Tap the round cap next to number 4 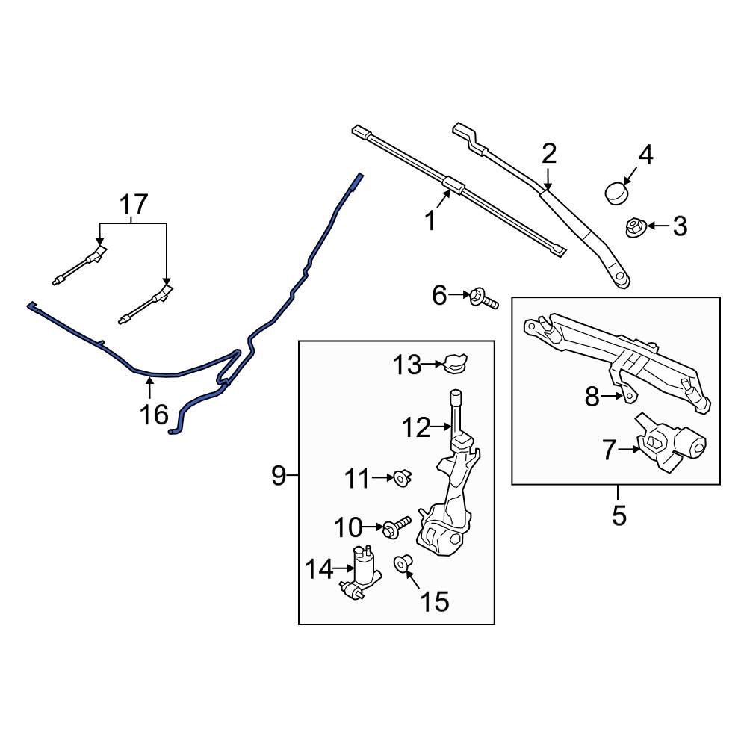616,192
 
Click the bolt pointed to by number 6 481,299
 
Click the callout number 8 592,397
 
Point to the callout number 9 279,475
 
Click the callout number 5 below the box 618,515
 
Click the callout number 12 416,428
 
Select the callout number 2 549,154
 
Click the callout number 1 430,221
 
